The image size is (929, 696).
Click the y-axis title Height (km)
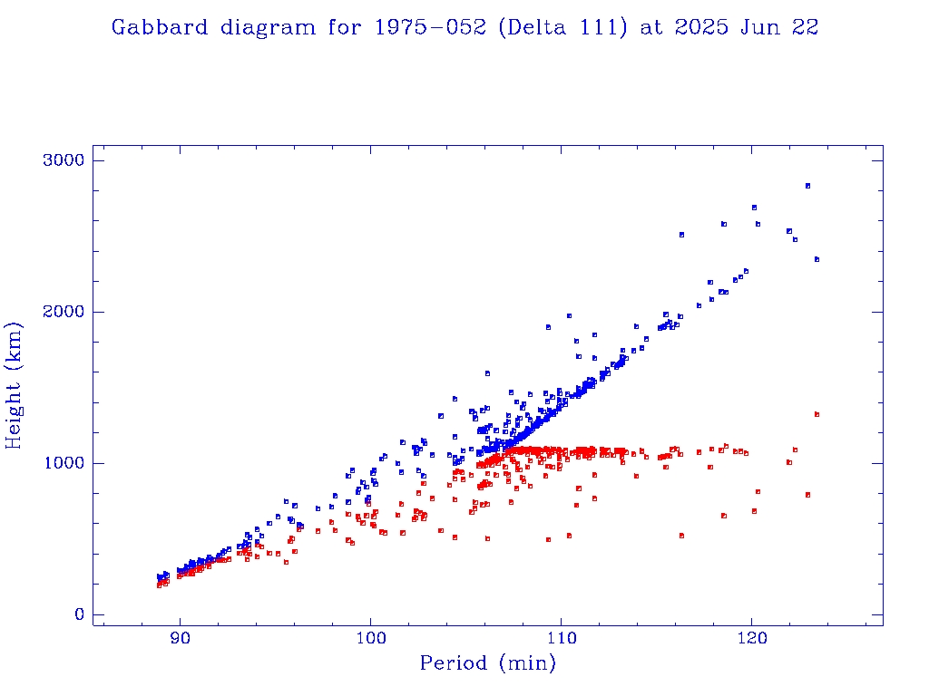pos(15,385)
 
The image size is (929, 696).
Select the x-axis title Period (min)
pos(487,663)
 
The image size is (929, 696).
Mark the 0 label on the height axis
pos(80,614)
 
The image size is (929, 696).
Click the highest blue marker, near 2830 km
pos(807,186)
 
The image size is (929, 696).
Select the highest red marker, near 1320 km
pos(817,414)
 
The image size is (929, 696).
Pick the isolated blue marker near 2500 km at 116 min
pos(681,235)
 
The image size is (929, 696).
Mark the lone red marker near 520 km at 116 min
pos(681,536)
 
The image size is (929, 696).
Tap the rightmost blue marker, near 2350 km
pos(817,259)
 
